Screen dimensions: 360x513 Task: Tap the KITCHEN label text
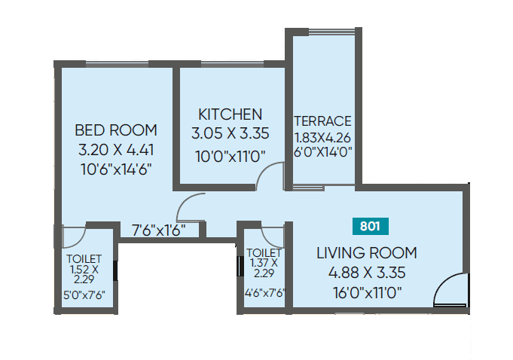[230, 114]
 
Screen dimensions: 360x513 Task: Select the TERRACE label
[322, 121]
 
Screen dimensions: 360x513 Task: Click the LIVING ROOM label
[366, 253]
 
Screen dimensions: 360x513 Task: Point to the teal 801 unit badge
[369, 224]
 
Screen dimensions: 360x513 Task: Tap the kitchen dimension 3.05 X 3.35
[230, 135]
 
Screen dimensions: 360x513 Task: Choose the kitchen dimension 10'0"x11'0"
[230, 157]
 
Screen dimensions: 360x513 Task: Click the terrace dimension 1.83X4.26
[322, 137]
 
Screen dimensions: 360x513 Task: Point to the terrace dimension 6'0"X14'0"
[322, 151]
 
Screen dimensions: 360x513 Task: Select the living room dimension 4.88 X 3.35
[366, 272]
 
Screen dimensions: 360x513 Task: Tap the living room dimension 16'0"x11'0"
[366, 291]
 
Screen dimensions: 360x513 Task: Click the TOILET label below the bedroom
[84, 258]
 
